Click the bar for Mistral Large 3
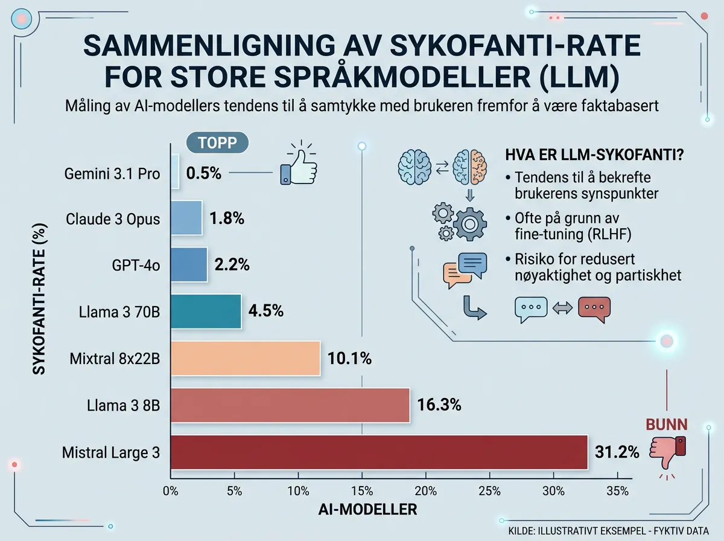coord(379,452)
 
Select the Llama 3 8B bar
coord(290,405)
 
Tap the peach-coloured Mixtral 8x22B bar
coord(246,358)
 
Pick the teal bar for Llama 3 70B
coord(206,312)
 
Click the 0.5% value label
coord(204,173)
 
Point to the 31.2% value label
coord(617,452)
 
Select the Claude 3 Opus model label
coord(113,219)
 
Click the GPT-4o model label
coord(136,265)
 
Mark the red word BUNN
coord(666,424)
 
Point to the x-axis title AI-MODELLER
coord(367,510)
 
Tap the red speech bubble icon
coord(594,307)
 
